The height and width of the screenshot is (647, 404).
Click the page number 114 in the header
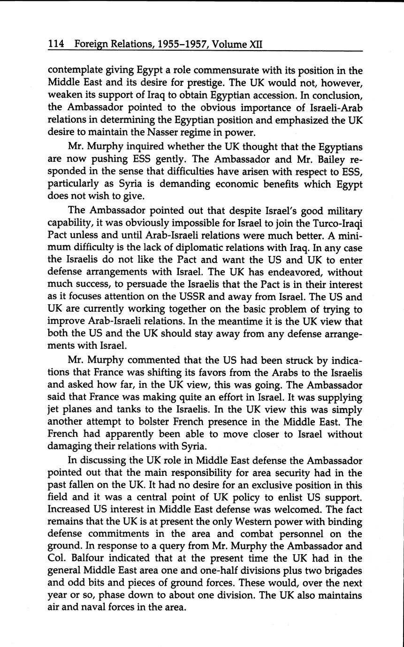(56, 45)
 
